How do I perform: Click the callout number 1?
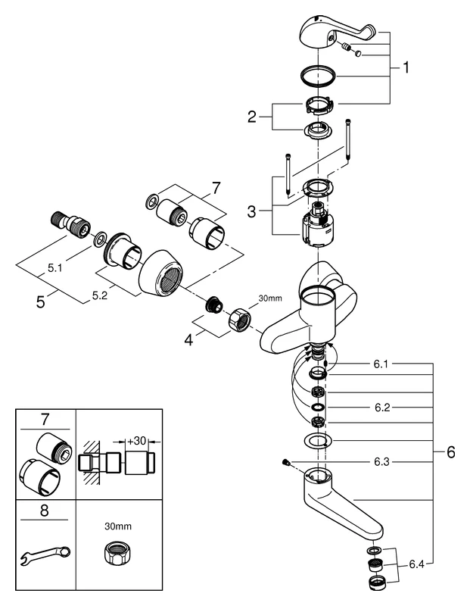pos(406,67)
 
